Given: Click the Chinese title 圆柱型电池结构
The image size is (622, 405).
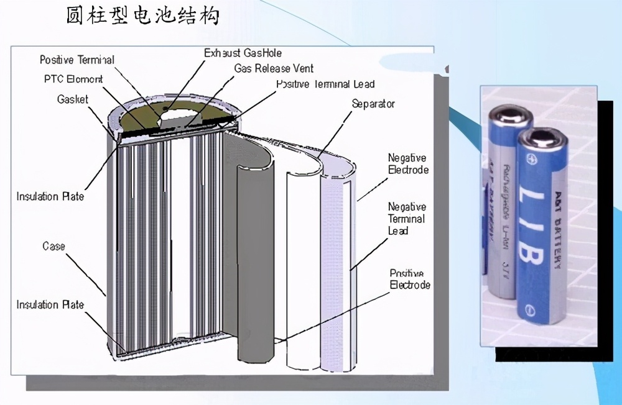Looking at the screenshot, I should (x=142, y=15).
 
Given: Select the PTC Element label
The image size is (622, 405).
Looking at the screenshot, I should (x=73, y=80).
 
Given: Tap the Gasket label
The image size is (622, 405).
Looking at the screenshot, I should (x=73, y=99).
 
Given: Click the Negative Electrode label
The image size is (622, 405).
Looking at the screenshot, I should (x=408, y=164).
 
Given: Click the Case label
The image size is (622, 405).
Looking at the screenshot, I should (x=53, y=247).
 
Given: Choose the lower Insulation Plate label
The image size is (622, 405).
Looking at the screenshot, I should (x=50, y=305).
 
